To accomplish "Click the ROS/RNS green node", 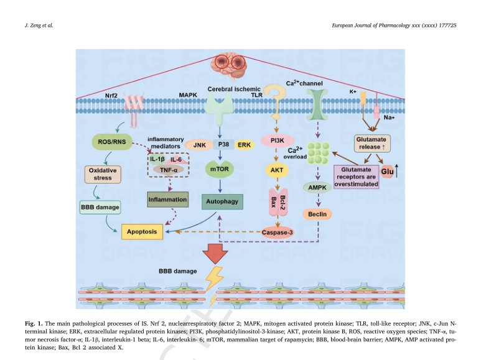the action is tap(112, 142).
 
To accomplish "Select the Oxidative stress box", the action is tap(103, 174).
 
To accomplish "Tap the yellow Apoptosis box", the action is tap(142, 232).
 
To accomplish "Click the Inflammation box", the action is tap(167, 200).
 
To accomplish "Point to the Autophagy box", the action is tap(222, 201).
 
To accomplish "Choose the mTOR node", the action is tap(220, 169).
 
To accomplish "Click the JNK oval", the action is tap(199, 145).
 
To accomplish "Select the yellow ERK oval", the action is tap(244, 145).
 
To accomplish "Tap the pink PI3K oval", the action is tap(277, 141).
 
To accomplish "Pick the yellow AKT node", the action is tap(277, 170).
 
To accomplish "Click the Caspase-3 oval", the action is tap(277, 233).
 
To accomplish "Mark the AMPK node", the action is tap(317, 187).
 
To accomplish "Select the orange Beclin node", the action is tap(317, 214).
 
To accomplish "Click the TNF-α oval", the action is tap(169, 170).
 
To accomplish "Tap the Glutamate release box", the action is tap(372, 143).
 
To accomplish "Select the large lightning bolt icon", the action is tap(214, 279).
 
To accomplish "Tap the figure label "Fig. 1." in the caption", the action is tap(34, 323).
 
